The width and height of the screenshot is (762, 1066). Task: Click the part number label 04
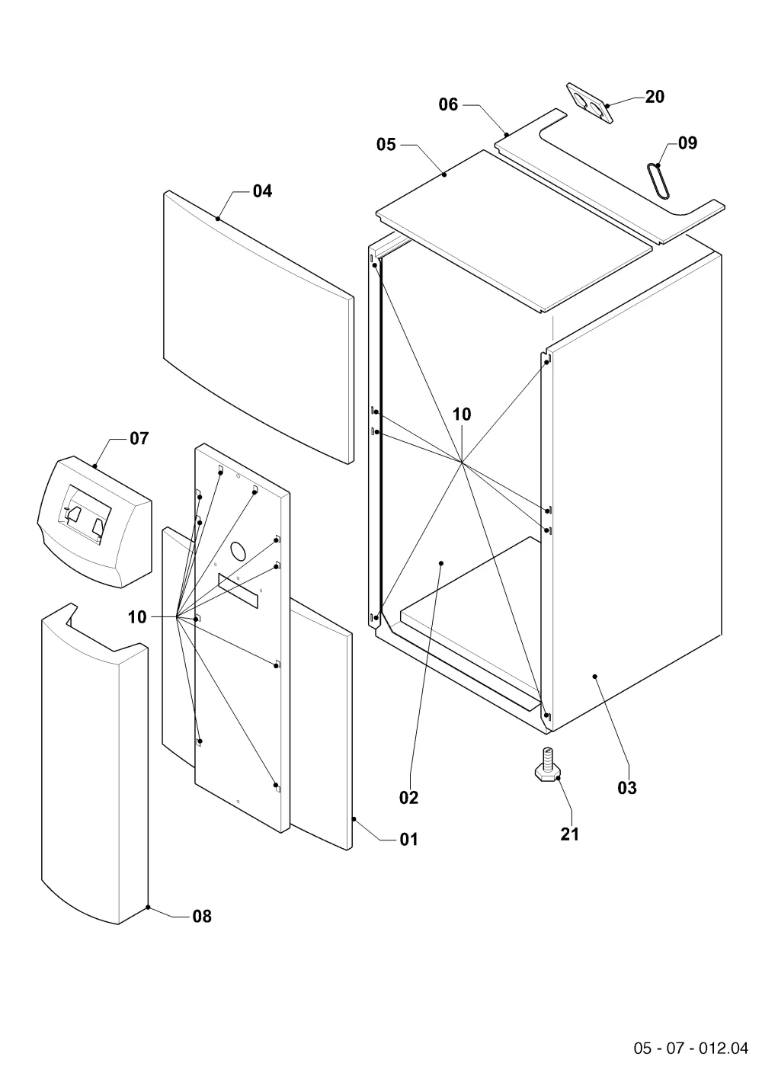[262, 191]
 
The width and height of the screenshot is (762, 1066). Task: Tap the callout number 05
[386, 145]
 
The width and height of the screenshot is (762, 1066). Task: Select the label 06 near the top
[448, 104]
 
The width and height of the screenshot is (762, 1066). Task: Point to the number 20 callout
[655, 97]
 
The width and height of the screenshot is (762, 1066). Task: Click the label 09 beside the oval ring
[687, 143]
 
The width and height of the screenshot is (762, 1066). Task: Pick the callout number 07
[139, 439]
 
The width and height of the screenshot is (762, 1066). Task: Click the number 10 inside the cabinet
[461, 415]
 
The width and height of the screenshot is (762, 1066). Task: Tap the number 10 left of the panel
[137, 617]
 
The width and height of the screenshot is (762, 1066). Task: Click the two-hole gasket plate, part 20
[589, 103]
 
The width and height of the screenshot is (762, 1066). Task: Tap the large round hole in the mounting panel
[239, 550]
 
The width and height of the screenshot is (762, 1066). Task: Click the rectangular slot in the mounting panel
[238, 591]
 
